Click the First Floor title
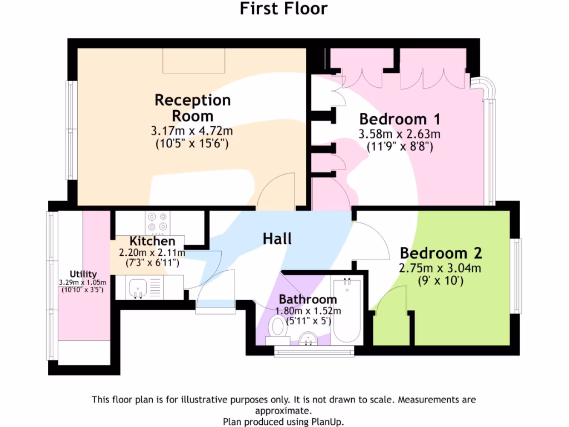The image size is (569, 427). coord(284,9)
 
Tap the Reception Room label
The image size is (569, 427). coord(192,108)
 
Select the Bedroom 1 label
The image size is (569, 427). coord(400,119)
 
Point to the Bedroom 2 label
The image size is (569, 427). coord(441,253)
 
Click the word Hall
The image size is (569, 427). coord(277,239)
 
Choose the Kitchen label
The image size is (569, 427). coord(152,241)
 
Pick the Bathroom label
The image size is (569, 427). coord(308,300)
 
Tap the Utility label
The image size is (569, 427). coord(83,274)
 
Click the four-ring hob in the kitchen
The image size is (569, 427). coord(156,222)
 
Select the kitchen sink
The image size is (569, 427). coord(137,287)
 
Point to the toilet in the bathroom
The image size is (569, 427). coord(277,327)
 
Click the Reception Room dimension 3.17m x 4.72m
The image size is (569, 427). coord(192,132)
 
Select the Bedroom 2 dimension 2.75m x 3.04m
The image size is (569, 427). coord(440,268)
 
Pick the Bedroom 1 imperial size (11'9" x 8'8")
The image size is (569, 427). coord(400,147)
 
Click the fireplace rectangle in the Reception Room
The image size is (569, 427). coord(194,60)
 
